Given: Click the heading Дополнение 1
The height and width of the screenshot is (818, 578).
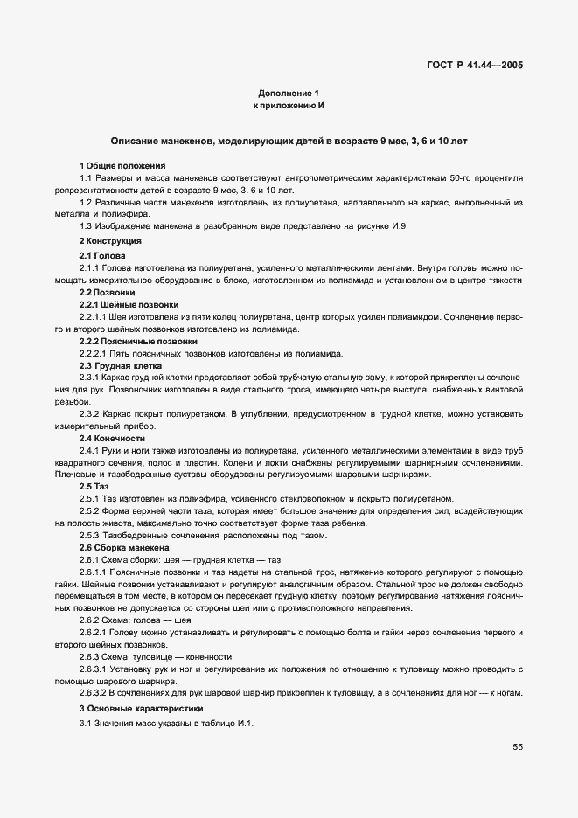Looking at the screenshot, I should click(x=289, y=93).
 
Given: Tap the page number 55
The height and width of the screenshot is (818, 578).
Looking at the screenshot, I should click(x=518, y=747).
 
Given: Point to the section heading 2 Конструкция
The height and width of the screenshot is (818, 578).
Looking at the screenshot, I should click(x=110, y=240).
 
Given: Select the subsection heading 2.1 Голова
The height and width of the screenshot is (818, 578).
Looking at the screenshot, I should click(x=102, y=254).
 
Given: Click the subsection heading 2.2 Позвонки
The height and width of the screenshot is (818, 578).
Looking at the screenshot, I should click(x=108, y=291).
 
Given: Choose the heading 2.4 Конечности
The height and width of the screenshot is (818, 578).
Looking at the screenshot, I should click(x=112, y=438).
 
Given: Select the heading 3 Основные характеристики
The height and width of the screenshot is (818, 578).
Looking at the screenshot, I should click(x=141, y=709).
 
